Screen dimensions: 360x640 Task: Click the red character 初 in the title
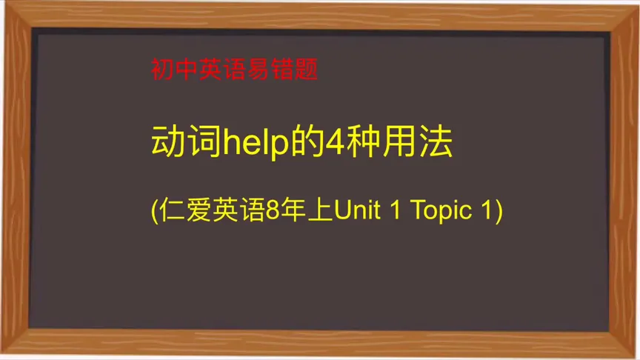[161, 71]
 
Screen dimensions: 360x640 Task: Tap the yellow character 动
[166, 143]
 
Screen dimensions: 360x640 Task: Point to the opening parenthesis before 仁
[155, 212]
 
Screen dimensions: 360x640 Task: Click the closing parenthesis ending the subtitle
[499, 212]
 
